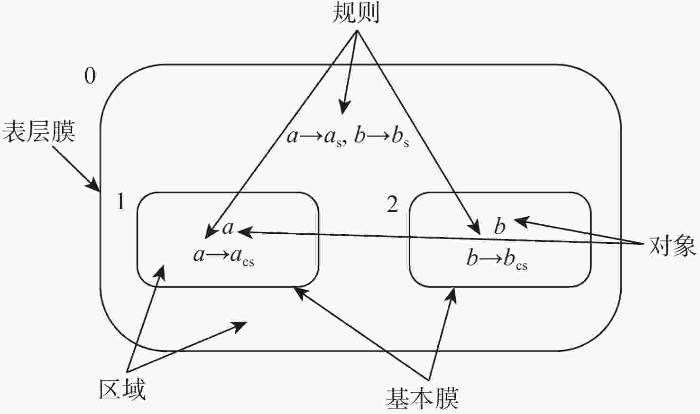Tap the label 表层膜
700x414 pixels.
click(39, 132)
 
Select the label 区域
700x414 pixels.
click(122, 389)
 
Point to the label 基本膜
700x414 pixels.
click(423, 398)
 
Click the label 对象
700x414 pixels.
click(672, 246)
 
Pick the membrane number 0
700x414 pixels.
click(90, 76)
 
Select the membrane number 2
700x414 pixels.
click(393, 204)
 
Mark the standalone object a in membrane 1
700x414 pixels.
click(228, 228)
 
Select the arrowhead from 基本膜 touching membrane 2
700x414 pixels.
click(451, 295)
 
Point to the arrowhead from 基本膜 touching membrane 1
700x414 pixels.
click(300, 293)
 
